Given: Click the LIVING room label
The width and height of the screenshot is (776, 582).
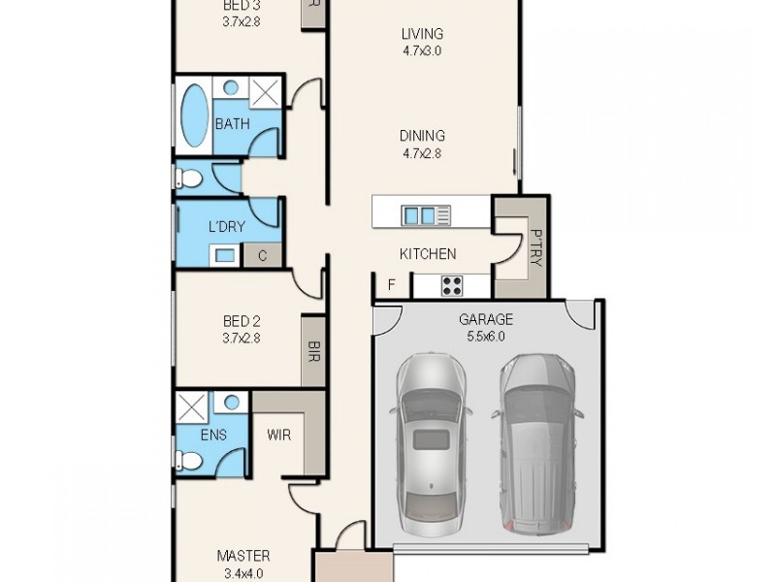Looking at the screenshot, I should [x=422, y=35].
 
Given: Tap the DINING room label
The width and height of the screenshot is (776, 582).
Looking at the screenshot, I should [x=422, y=136].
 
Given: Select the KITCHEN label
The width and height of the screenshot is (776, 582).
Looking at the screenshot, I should [x=428, y=254].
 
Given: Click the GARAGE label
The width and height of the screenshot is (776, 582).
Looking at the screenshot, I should [x=486, y=319].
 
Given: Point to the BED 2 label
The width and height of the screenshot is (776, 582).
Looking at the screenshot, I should [x=242, y=321].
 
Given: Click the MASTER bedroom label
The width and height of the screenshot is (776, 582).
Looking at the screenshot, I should [x=242, y=556].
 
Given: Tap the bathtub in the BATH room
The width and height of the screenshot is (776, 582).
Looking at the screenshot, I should [x=195, y=115].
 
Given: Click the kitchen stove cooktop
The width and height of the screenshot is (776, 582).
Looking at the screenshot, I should [x=452, y=285].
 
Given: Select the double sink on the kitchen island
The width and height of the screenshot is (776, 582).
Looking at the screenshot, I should [x=420, y=214].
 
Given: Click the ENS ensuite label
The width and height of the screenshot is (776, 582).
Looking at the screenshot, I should [x=213, y=435].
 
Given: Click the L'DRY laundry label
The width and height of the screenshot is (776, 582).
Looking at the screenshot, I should [x=227, y=227].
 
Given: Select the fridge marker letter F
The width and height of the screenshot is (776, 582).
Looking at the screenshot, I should [x=391, y=285].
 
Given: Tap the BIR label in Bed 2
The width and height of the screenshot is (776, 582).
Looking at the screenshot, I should [x=313, y=350].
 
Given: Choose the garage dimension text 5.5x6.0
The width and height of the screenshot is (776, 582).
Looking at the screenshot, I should [x=486, y=338].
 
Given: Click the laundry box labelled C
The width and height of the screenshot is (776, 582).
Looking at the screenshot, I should [x=262, y=256].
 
